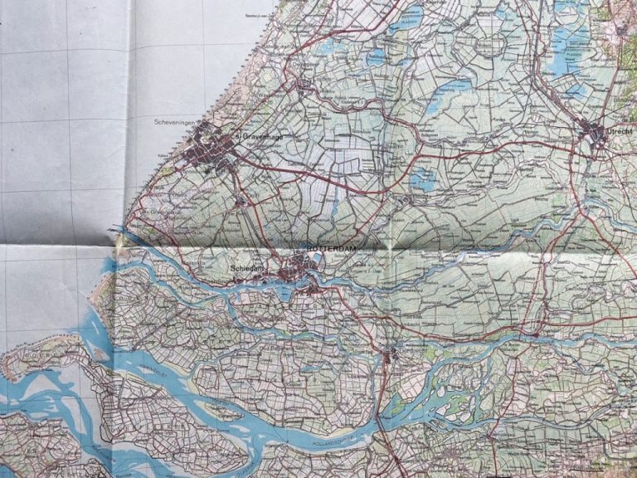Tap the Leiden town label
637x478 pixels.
pos(311,76)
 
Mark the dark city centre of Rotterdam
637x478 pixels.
pos(303,267)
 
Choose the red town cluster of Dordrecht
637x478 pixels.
pos(390,358)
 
